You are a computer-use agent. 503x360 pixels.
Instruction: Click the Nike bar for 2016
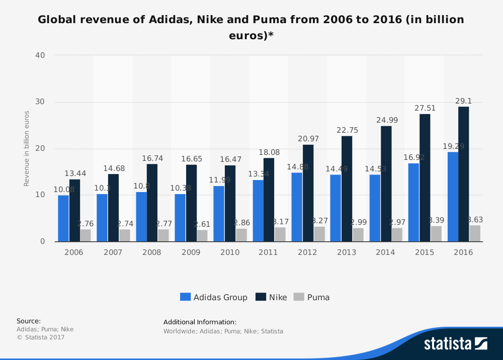463,174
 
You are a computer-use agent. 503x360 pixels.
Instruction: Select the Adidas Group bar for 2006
63,218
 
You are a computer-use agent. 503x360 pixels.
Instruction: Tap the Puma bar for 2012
319,234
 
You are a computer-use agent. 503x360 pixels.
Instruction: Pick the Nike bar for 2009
191,203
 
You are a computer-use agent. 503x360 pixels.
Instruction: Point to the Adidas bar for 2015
413,202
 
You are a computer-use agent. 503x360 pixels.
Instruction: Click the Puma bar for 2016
475,233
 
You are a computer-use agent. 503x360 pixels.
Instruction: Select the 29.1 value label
463,101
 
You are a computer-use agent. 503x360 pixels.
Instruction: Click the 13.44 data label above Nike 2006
74,173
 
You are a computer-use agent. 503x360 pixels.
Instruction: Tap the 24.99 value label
385,120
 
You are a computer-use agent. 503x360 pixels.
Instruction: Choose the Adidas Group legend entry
214,297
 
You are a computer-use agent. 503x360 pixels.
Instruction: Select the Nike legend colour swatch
261,297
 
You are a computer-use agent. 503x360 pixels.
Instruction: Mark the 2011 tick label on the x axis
268,252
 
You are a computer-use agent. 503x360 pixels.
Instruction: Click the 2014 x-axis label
385,252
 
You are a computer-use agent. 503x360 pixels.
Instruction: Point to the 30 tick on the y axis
40,102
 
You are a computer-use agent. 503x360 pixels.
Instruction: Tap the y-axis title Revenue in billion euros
27,148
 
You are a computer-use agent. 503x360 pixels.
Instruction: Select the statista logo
455,344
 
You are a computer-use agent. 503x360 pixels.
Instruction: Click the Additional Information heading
200,322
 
